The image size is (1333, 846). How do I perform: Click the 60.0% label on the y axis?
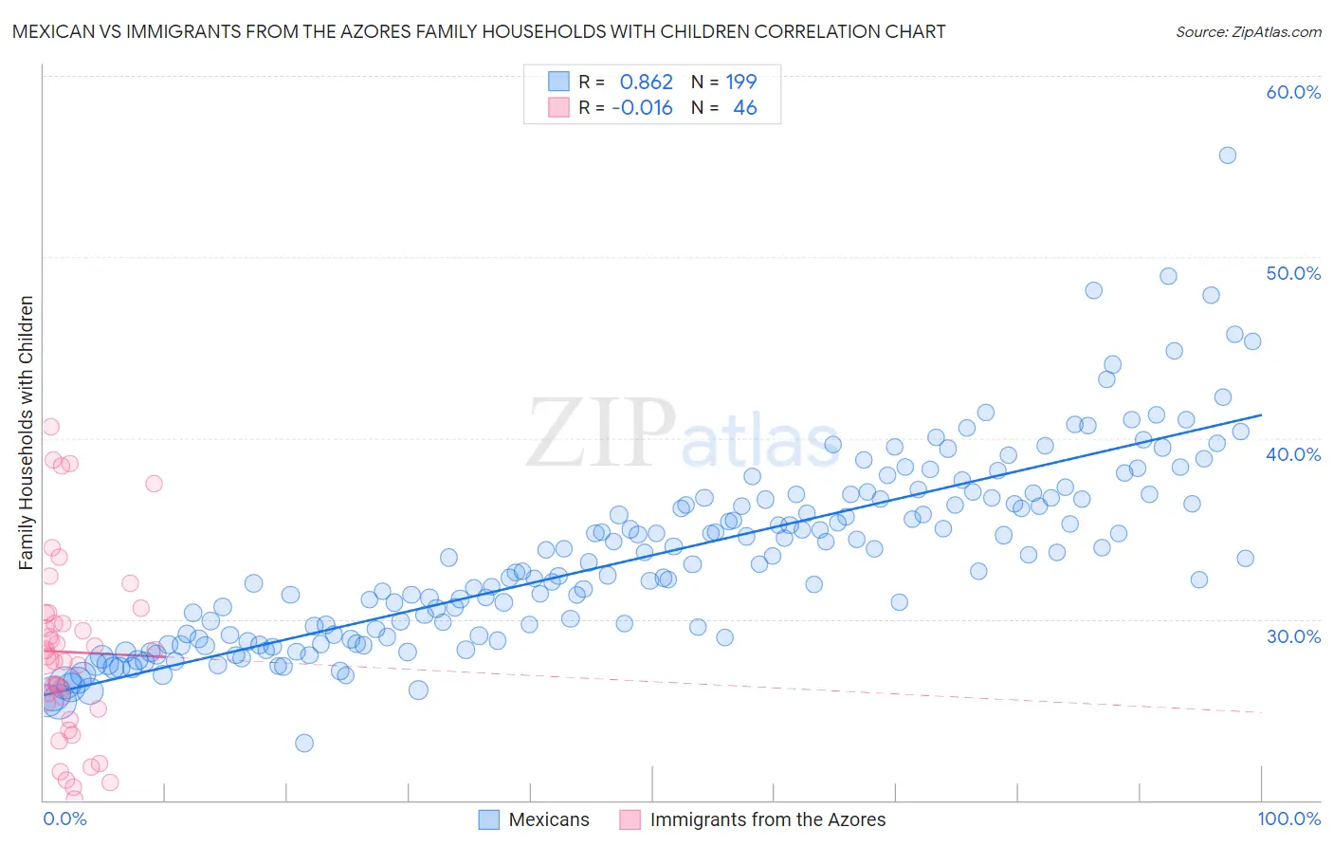(1293, 92)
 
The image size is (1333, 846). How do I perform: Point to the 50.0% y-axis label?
(1293, 273)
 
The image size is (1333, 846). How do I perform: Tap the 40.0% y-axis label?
(1293, 454)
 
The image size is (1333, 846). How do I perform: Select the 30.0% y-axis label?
(1293, 635)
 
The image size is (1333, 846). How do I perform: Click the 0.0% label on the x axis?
(64, 818)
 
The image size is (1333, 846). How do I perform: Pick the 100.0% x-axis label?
(1288, 818)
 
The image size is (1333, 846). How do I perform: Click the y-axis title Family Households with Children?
(27, 432)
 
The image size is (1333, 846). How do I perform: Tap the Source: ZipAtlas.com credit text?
(1248, 31)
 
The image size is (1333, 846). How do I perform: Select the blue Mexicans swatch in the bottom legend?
(488, 819)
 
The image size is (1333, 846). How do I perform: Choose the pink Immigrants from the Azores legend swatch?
(630, 819)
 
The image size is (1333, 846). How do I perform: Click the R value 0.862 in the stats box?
(646, 83)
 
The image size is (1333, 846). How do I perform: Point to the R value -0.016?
(642, 108)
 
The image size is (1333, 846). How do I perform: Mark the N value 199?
(740, 83)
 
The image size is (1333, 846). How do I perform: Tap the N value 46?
(745, 108)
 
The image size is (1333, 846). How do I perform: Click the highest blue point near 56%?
(1227, 156)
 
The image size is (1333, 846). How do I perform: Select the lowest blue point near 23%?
(304, 743)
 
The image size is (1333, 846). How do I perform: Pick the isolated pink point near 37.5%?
(154, 484)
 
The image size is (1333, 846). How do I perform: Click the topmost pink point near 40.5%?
(51, 427)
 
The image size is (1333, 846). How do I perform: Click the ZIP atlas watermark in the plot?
(683, 434)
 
